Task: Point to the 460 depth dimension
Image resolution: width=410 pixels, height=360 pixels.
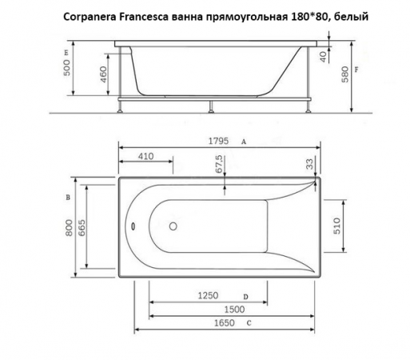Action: (103, 76)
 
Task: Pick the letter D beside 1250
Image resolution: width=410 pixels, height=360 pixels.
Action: (245, 297)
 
